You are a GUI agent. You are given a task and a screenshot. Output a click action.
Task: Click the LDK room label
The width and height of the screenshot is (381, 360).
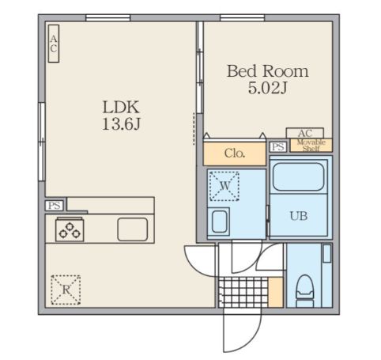121,107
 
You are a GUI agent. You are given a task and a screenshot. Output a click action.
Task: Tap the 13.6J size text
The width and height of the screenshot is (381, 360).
121,123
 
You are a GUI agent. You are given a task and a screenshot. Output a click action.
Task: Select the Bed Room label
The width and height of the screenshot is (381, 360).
267,71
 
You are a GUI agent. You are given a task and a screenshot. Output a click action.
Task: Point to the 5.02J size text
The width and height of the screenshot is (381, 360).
267,88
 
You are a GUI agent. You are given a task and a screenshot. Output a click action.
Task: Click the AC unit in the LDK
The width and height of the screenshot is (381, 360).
54,44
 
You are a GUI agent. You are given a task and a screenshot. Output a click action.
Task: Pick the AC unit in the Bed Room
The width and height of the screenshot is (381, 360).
305,133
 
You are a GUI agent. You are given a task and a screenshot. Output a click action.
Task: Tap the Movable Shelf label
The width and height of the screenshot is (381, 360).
311,146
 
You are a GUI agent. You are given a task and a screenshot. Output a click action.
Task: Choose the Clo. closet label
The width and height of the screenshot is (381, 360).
235,153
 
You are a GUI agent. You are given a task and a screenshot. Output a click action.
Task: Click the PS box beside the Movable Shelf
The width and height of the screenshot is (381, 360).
278,146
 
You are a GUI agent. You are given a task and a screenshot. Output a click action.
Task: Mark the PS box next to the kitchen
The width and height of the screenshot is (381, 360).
55,206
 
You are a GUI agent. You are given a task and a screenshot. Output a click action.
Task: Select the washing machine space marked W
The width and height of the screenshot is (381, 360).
224,186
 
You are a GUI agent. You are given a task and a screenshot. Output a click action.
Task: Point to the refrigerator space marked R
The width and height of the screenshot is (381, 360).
66,290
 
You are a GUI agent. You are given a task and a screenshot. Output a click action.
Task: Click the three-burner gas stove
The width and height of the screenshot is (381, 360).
70,230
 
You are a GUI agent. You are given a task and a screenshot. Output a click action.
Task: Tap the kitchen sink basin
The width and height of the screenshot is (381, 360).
133,229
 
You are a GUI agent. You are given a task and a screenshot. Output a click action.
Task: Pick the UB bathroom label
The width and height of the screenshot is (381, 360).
299,216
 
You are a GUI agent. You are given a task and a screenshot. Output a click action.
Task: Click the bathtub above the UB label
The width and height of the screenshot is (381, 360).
299,176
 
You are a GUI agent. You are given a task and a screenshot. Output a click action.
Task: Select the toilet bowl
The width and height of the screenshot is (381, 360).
305,291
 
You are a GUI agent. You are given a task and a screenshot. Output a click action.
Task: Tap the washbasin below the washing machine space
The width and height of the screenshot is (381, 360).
220,222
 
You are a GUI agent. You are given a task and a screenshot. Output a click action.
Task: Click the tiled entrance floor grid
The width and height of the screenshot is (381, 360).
243,292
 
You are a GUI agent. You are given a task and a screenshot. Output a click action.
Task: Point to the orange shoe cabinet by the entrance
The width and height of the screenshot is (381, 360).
276,292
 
